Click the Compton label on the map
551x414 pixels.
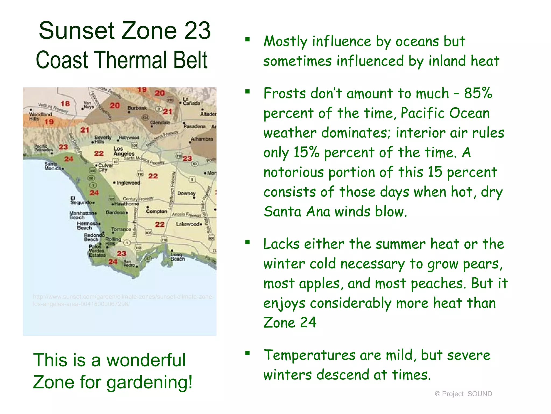[157, 211]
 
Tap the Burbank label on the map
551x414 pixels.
[137, 108]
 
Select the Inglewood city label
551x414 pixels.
[128, 183]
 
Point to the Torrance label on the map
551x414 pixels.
[121, 229]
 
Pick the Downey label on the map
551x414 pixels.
[186, 193]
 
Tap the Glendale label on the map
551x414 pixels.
[160, 123]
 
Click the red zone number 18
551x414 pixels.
[65, 103]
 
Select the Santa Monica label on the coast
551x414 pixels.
[52, 166]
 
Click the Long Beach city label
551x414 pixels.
[178, 257]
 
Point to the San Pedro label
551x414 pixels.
[129, 263]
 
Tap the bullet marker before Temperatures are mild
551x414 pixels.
[248, 353]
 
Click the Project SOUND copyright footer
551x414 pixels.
[463, 394]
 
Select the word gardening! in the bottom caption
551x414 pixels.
[150, 382]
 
